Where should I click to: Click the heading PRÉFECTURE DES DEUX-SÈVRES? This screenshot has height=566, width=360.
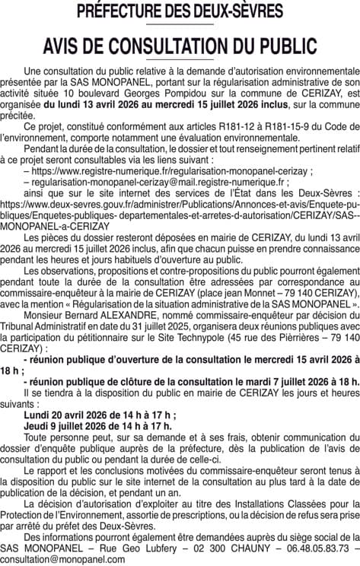pos(180,12)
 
